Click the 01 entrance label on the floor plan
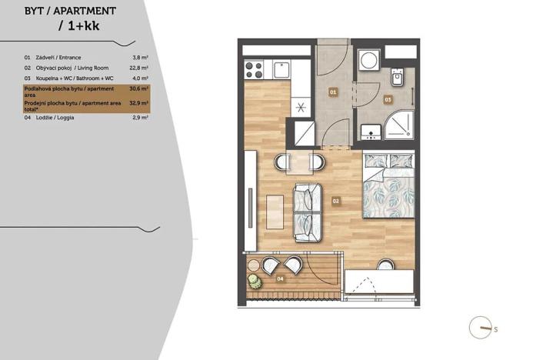(334, 92)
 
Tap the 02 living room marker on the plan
(336, 202)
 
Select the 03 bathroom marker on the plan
(388, 99)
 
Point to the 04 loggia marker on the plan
(280, 278)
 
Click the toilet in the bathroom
(398, 78)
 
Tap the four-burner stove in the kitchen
(254, 70)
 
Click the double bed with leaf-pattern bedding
(388, 187)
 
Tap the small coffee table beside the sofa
(275, 210)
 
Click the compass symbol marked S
(482, 328)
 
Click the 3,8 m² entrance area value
(140, 57)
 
